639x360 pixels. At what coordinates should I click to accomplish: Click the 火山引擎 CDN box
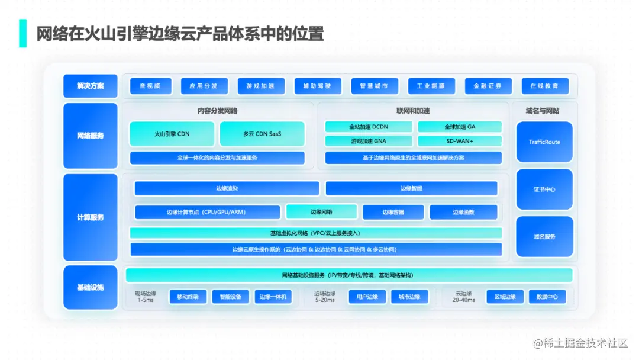[x=172, y=134]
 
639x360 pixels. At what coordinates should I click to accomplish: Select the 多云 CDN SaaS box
[x=262, y=134]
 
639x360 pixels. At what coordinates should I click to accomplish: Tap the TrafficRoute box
[x=544, y=142]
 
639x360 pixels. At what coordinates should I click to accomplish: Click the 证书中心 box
[x=544, y=189]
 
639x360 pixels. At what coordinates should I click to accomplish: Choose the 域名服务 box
[x=544, y=237]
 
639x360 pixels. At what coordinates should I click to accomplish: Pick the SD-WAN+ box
[x=460, y=141]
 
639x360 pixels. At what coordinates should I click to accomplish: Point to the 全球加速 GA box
[x=460, y=127]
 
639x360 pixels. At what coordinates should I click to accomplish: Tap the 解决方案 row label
[x=91, y=86]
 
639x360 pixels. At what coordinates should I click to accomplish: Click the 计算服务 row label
[x=91, y=217]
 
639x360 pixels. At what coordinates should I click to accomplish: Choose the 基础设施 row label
[x=91, y=287]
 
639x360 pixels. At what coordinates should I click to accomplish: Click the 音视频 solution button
[x=150, y=86]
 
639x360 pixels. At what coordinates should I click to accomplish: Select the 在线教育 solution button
[x=545, y=86]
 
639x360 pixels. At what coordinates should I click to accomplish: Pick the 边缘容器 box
[x=393, y=212]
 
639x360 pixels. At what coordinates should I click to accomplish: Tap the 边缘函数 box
[x=463, y=212]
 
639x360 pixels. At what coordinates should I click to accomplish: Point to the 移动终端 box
[x=188, y=297]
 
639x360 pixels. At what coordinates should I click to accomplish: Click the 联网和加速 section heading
[x=413, y=111]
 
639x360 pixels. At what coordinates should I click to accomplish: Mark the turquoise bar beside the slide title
[x=23, y=33]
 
